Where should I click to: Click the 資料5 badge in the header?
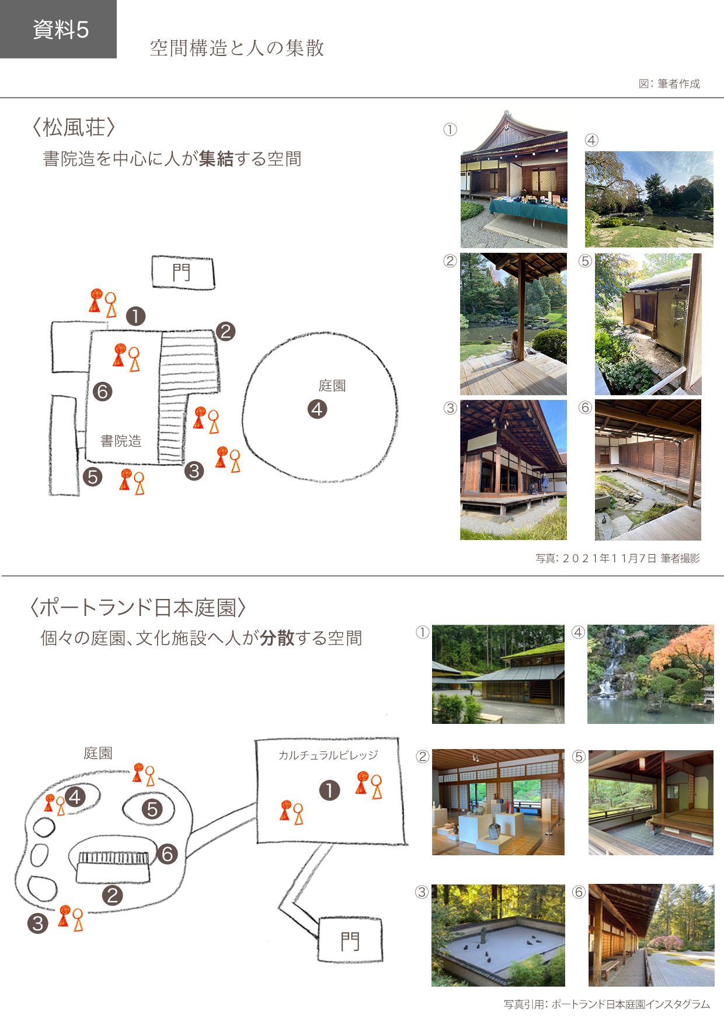[x=58, y=29]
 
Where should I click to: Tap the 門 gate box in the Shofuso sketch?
[x=183, y=272]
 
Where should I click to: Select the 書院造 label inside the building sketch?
[x=121, y=441]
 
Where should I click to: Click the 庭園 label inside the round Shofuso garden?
[x=332, y=385]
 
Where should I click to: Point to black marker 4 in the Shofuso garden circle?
[x=317, y=409]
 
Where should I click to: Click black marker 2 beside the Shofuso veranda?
[x=225, y=332]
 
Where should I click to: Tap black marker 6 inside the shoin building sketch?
[x=102, y=391]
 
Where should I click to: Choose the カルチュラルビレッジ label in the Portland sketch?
[x=328, y=755]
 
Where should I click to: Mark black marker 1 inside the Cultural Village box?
[x=330, y=790]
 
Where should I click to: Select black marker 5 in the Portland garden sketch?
[x=152, y=809]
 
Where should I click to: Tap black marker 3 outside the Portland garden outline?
[x=38, y=923]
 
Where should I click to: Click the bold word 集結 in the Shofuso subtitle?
[x=216, y=158]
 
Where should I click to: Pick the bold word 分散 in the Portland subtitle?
[x=277, y=638]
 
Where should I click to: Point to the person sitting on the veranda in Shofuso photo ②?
[x=516, y=344]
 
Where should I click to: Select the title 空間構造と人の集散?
[x=237, y=48]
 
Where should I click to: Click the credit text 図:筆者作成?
[x=669, y=83]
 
